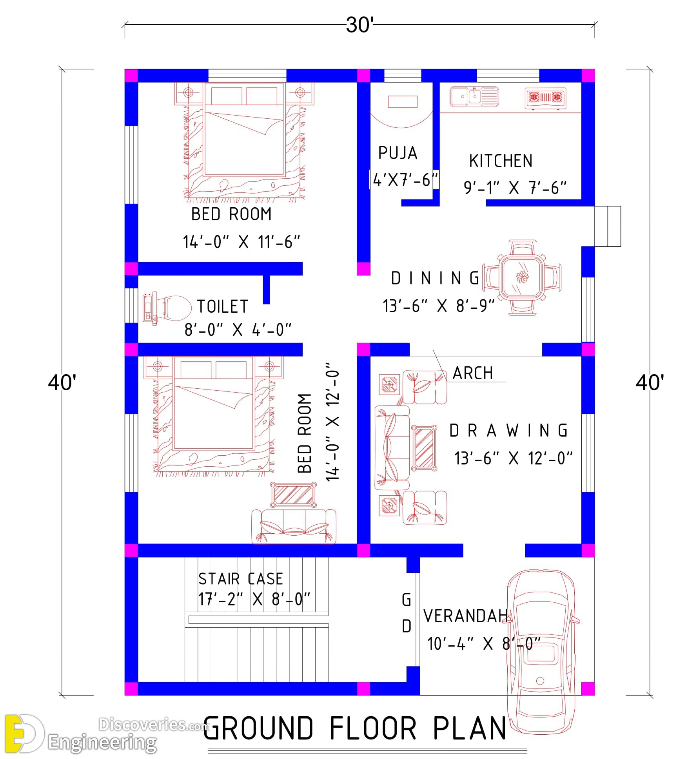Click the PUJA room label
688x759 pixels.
(x=398, y=153)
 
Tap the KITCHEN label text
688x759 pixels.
(x=501, y=161)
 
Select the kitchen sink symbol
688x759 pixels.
(x=474, y=96)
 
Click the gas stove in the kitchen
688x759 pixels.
(x=545, y=98)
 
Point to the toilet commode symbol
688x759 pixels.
(x=167, y=308)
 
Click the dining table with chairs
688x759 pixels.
(x=522, y=277)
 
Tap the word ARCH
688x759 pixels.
(x=472, y=373)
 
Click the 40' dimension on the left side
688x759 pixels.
(x=62, y=382)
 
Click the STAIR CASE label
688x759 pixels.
(x=240, y=579)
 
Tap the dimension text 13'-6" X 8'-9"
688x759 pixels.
(x=439, y=306)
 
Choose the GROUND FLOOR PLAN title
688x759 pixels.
(x=355, y=728)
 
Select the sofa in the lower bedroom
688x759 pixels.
(x=293, y=526)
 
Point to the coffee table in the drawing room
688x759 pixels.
(x=424, y=447)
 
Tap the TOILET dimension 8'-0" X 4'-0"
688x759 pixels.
(x=238, y=330)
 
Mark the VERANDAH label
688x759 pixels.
(x=466, y=616)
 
